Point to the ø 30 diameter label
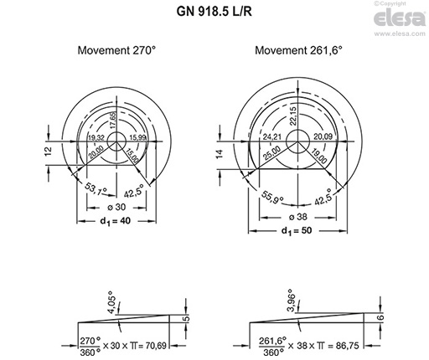point(116,207)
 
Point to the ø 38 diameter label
point(297,213)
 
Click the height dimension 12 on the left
point(49,151)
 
